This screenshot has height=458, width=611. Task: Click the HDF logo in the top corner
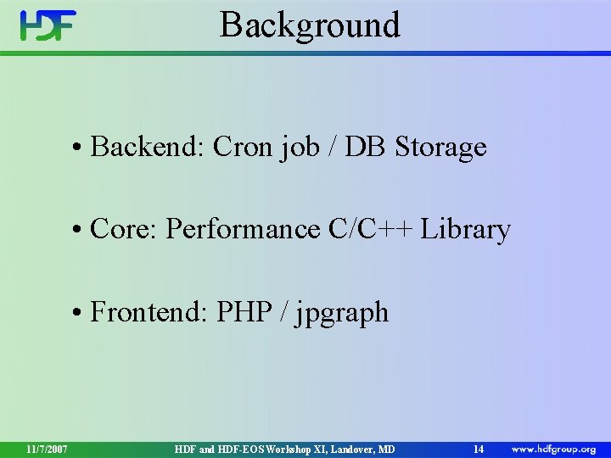point(48,26)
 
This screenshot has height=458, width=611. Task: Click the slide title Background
point(310,25)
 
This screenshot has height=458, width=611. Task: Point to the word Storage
point(440,148)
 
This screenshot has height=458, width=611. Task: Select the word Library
point(465,229)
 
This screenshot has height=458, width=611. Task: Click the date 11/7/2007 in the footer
point(47,449)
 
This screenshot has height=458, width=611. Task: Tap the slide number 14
point(479,449)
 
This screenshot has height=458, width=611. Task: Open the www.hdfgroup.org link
point(553,449)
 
